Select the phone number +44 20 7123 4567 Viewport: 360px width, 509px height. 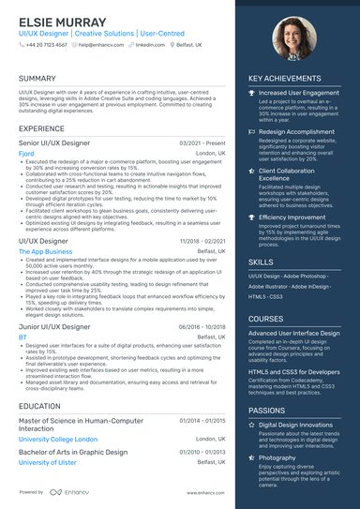click(46, 44)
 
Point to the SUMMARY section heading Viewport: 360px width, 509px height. click(37, 79)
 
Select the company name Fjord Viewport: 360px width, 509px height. click(26, 153)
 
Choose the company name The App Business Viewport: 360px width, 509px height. click(45, 251)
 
